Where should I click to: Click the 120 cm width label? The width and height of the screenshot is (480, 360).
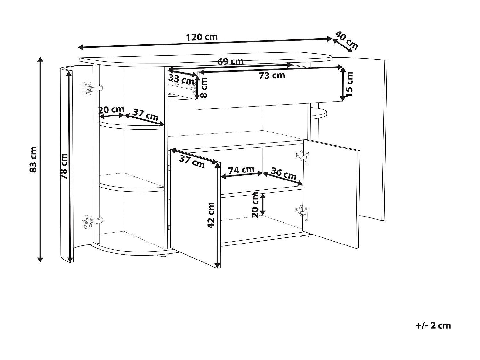(202, 37)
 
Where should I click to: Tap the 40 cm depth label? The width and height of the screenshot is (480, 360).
(347, 40)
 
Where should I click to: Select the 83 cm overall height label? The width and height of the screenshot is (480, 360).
(33, 159)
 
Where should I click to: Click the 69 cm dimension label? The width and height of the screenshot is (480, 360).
(230, 61)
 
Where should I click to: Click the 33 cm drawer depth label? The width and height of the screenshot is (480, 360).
(181, 79)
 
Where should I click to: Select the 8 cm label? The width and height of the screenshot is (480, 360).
(204, 87)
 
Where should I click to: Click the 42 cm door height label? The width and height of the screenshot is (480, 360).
(211, 215)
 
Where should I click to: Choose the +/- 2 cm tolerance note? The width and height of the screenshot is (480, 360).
(433, 325)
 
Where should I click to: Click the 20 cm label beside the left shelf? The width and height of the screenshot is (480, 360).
(111, 109)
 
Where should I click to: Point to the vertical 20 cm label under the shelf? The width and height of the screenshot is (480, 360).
(255, 205)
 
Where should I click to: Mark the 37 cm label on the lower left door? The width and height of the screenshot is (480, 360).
(192, 161)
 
